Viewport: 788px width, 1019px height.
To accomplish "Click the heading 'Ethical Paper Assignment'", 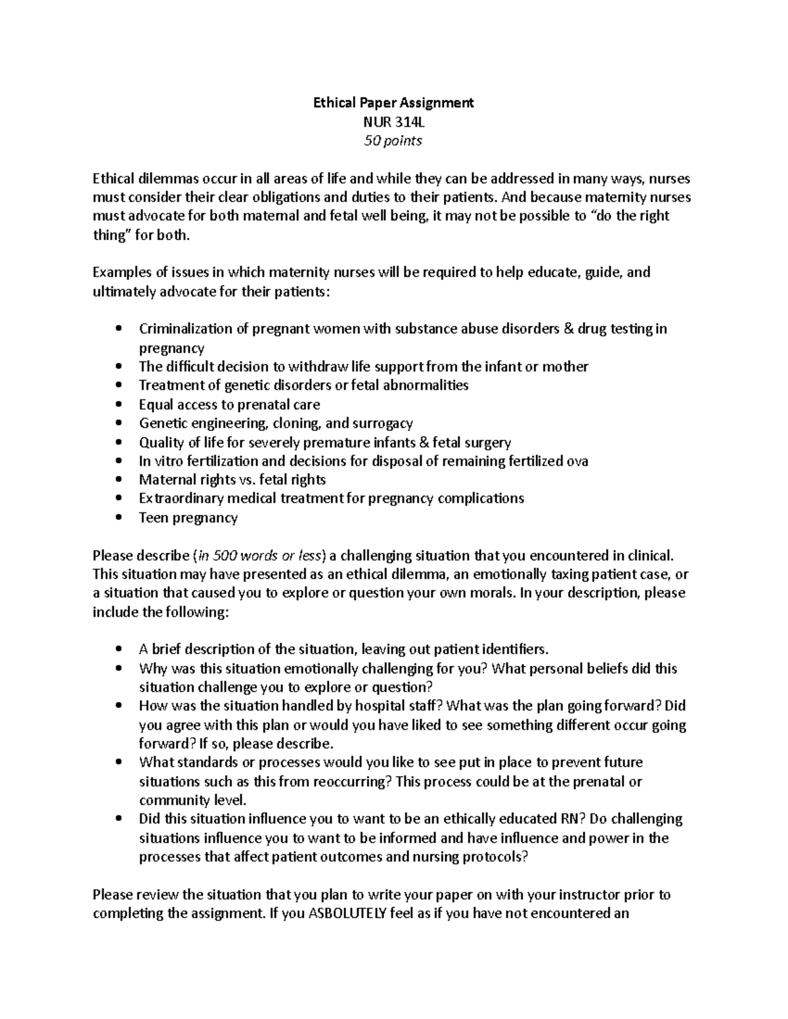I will (x=393, y=102).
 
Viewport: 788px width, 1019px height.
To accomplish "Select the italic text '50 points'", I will (x=393, y=140).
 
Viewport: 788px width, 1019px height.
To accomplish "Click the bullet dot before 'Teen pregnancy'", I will (x=118, y=518).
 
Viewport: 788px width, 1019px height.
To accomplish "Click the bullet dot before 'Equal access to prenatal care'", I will (x=118, y=405).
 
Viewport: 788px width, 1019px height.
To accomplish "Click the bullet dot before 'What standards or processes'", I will (x=118, y=763).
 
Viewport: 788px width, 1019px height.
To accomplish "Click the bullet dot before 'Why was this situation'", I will (x=118, y=669).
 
